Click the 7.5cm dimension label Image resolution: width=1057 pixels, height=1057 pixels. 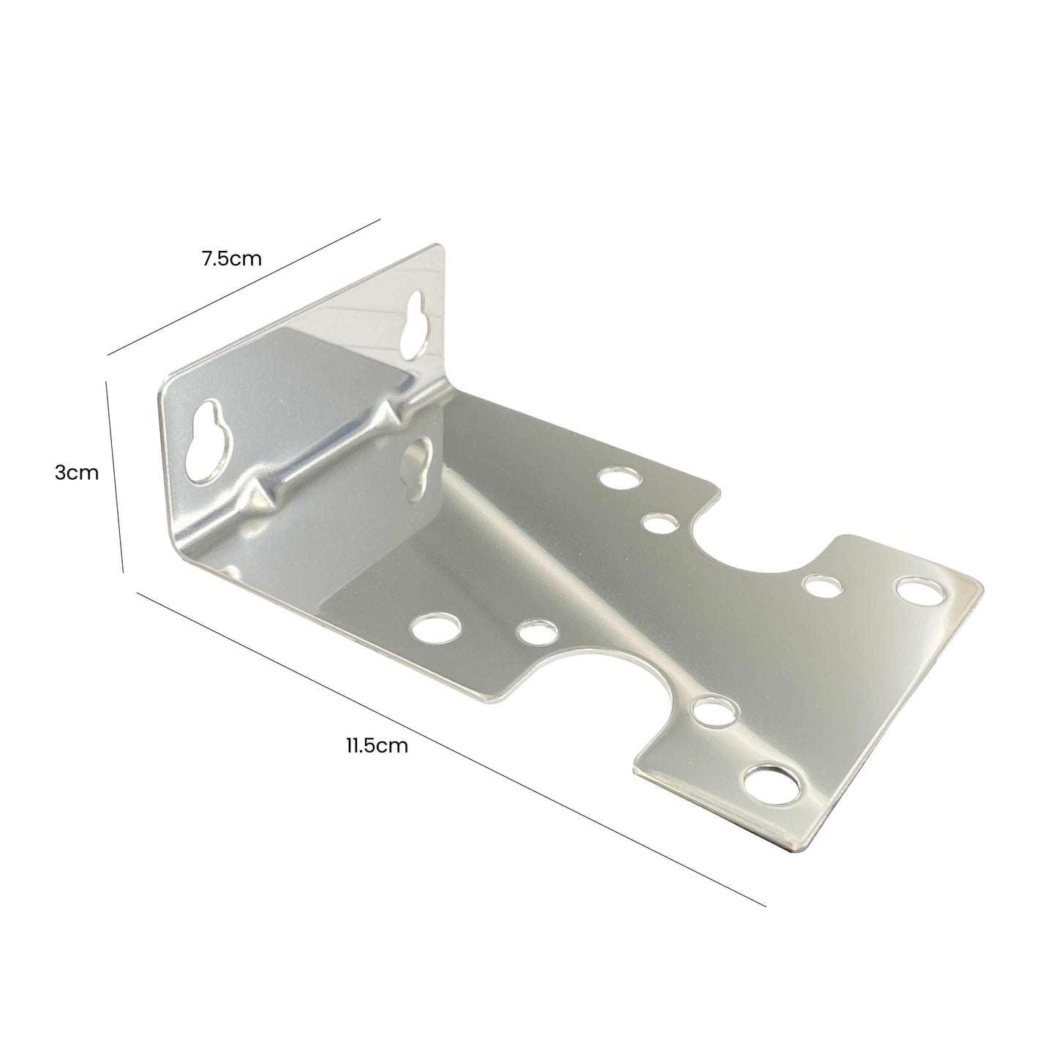(x=232, y=258)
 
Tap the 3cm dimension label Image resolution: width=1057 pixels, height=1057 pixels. (x=76, y=473)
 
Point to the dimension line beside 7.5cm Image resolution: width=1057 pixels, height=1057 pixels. (x=244, y=287)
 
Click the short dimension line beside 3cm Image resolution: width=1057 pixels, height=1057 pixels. (x=114, y=475)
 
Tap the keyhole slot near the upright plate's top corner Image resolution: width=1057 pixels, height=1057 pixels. (x=415, y=321)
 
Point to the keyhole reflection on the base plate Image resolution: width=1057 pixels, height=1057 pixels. (x=418, y=469)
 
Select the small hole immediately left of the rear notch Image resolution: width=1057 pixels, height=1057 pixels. (x=660, y=523)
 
